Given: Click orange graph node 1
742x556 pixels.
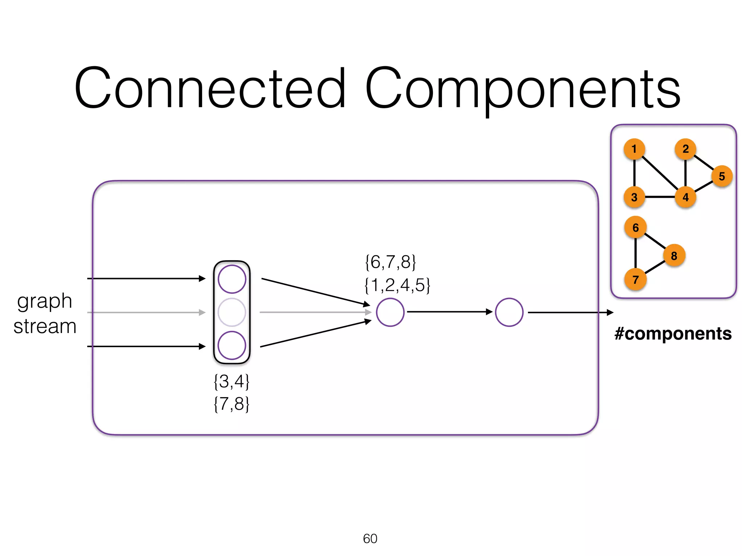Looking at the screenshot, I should [634, 149].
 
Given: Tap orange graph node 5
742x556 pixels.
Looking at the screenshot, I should [722, 176].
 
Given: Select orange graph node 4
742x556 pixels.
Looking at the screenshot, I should [685, 197].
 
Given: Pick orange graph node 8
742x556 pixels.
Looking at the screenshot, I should [674, 256].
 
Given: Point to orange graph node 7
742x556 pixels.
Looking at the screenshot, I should [635, 279].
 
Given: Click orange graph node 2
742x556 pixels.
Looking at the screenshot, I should [685, 149].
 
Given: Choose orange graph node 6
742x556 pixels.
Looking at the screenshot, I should [635, 227].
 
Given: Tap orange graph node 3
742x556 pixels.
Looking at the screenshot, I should [634, 197].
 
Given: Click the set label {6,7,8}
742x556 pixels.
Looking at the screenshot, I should [391, 262].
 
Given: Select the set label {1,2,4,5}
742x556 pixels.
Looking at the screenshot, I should [397, 285].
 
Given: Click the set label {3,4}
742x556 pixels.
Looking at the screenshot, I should [232, 382].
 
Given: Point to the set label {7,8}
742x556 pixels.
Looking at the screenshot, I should [232, 404].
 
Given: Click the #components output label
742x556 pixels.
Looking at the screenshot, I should [673, 333].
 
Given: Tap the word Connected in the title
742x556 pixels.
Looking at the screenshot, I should [210, 89].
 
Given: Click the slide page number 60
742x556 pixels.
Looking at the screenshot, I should [370, 539].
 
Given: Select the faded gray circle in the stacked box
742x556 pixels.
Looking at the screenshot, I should [232, 312].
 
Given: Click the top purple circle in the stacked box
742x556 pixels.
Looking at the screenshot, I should [232, 279].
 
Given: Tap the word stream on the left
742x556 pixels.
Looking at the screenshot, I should [45, 326].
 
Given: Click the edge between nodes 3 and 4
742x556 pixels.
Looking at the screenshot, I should [660, 197].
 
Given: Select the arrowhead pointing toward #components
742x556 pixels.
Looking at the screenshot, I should [610, 312].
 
